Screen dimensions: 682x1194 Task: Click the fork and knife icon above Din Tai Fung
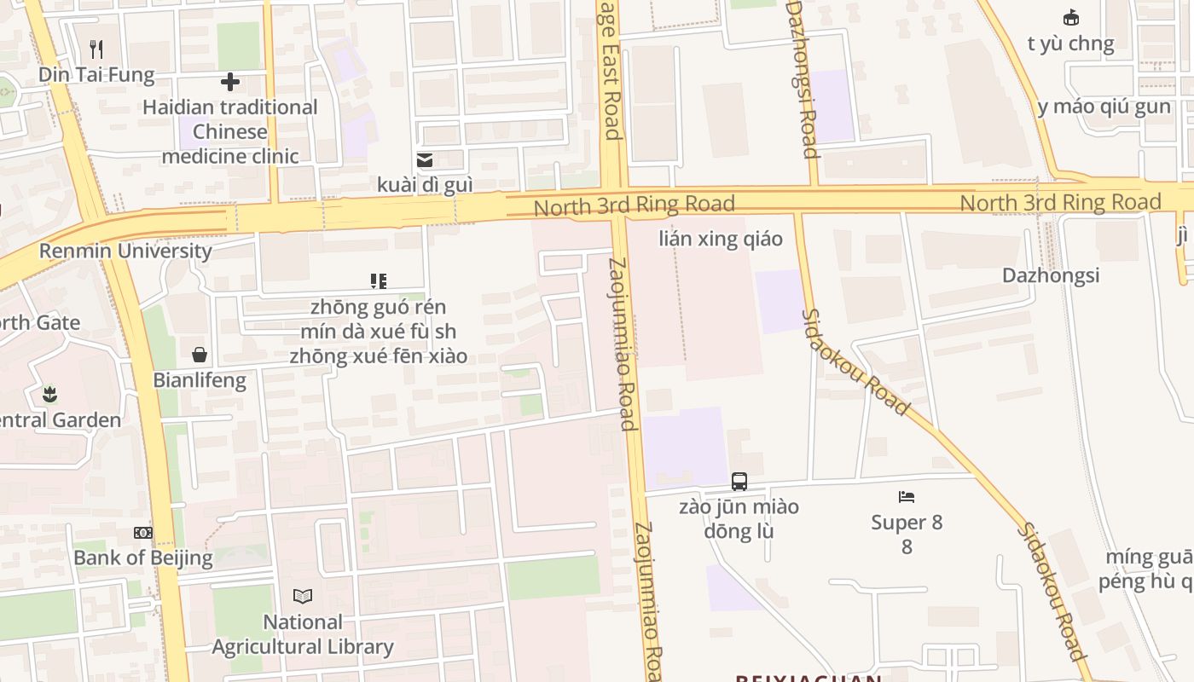click(x=96, y=49)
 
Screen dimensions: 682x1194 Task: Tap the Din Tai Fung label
click(x=96, y=75)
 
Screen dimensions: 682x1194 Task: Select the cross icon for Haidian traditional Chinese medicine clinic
click(x=230, y=82)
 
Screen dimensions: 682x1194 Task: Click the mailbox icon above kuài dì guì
click(x=424, y=160)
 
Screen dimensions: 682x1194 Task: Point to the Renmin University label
click(x=125, y=251)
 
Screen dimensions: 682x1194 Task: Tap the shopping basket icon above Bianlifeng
click(x=200, y=355)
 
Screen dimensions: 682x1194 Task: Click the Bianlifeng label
click(x=200, y=380)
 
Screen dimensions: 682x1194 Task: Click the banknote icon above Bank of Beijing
click(x=143, y=533)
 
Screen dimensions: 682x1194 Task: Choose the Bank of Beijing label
click(x=143, y=558)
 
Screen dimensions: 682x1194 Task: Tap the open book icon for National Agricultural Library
click(x=303, y=596)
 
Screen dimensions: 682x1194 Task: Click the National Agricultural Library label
click(x=303, y=634)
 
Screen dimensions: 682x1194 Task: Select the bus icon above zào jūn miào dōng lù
click(x=739, y=482)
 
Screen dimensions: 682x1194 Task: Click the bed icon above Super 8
click(x=907, y=497)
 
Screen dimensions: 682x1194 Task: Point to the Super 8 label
click(x=907, y=523)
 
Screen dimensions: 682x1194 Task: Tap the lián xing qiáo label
click(x=721, y=239)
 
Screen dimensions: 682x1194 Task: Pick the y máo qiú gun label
click(x=1104, y=107)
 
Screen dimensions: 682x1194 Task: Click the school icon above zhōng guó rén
click(x=379, y=281)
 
